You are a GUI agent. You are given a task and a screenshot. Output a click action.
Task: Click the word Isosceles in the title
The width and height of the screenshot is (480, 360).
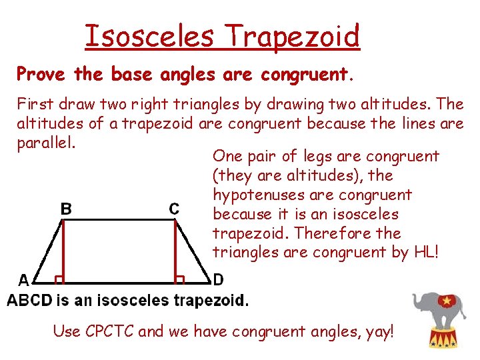pos(149,37)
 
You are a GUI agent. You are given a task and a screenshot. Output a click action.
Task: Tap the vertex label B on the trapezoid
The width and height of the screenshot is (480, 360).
pos(67,209)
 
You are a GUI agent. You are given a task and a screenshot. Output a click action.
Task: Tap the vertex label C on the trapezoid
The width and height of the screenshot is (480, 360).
pos(173,209)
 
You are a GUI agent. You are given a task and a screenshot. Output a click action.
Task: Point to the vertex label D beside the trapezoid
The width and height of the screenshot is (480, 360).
pos(218,279)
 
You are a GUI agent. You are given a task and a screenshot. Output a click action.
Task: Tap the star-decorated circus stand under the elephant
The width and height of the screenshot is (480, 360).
pos(441,339)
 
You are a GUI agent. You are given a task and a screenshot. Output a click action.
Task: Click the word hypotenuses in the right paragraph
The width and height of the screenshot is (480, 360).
pos(255,195)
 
